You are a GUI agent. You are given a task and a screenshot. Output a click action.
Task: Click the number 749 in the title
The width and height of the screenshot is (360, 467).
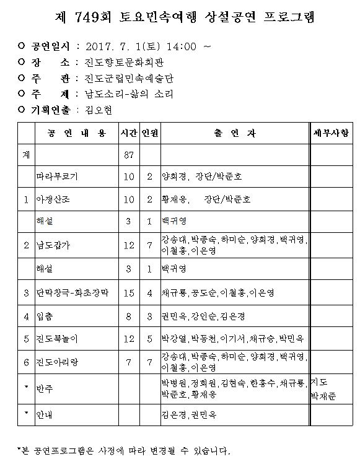click(102, 17)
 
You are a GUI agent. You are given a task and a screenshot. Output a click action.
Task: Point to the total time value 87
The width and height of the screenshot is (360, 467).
click(129, 155)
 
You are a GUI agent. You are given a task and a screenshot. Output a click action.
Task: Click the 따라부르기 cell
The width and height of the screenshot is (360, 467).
click(58, 177)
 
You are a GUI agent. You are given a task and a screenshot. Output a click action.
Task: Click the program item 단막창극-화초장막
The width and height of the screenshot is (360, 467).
click(73, 292)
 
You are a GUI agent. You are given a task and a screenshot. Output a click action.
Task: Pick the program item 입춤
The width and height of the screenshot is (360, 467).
click(47, 316)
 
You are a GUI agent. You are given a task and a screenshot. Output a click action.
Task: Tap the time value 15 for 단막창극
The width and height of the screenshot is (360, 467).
click(129, 292)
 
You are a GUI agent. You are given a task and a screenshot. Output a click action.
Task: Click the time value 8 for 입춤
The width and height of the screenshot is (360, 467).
click(129, 316)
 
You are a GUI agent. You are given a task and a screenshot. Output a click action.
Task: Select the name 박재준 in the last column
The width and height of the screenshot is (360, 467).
click(324, 395)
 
